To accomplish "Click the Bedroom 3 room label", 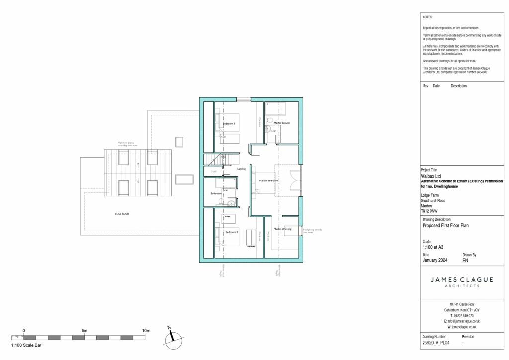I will [x=228, y=123].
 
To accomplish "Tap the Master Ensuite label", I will [x=282, y=123].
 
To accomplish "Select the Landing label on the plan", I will [x=241, y=169].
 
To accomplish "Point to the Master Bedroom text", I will [x=268, y=181].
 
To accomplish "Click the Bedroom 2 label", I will [x=231, y=232].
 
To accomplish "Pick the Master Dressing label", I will [x=282, y=229].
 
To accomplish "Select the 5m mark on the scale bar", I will [x=85, y=331].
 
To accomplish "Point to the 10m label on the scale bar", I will [x=146, y=331].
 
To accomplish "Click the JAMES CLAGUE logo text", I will [x=462, y=280].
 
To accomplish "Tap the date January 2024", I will [x=436, y=260].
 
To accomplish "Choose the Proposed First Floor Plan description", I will [x=445, y=225].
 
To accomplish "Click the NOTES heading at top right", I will [x=427, y=17].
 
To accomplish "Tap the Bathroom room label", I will [x=216, y=193].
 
